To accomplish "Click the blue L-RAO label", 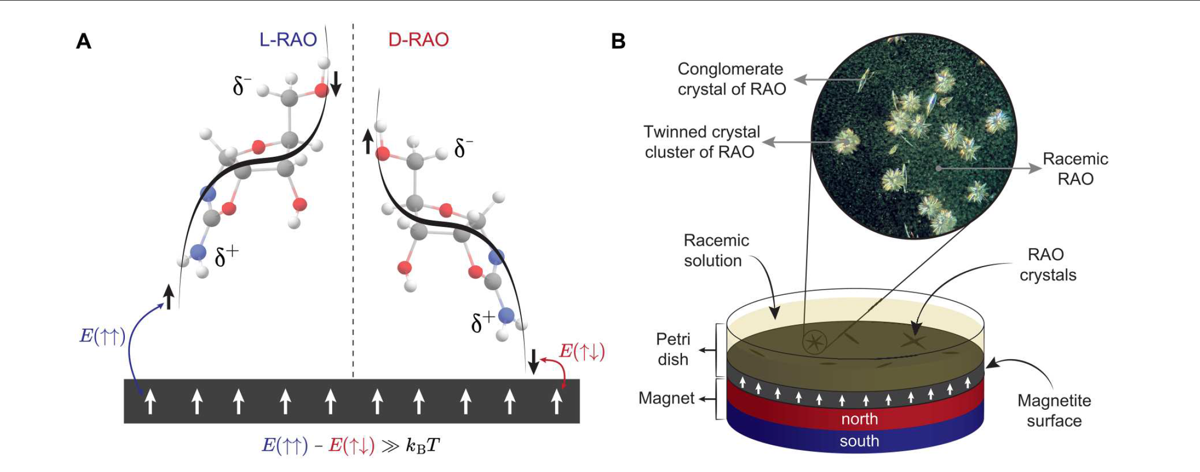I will tap(288, 40).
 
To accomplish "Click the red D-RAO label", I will tap(418, 40).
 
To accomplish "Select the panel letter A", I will tap(84, 41).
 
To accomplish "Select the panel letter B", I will tap(618, 41).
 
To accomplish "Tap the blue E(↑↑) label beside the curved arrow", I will tap(102, 337).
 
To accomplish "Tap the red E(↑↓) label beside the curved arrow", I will tap(582, 351).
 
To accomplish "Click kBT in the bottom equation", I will tap(422, 446).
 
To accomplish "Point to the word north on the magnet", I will tap(859, 419).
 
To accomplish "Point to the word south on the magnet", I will tap(859, 441).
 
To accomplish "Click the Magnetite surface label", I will tap(1054, 410).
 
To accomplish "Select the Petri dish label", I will tap(673, 349).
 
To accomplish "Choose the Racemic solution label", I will tap(715, 250).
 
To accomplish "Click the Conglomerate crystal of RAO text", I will tap(731, 79).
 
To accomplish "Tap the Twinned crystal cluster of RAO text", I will tap(701, 142).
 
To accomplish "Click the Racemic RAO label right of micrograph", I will tap(1075, 168).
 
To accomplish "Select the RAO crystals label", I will tap(1047, 264).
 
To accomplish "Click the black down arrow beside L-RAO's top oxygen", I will tap(336, 84).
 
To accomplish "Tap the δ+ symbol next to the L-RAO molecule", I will tap(227, 256).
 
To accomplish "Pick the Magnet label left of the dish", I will tap(666, 398).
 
